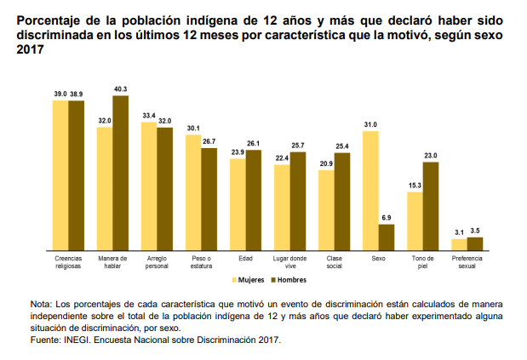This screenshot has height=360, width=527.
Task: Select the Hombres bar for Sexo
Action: coord(387,237)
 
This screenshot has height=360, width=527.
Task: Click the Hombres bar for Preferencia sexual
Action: coord(475,243)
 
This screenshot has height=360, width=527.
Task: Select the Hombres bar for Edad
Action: coord(254,199)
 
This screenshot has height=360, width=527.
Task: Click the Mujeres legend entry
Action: coord(248,279)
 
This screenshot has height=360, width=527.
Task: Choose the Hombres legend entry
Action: coord(288,279)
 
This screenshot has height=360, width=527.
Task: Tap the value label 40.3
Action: coord(121,89)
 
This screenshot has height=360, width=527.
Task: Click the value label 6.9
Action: coord(387,218)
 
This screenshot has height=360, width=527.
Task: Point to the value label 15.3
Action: coord(415,186)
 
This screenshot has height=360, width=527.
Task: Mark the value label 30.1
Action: coord(193,129)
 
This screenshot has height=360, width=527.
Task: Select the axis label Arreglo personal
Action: coord(157,261)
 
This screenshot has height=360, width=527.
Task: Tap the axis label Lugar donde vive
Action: coord(289,261)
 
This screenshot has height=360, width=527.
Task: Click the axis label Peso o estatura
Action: coord(201,261)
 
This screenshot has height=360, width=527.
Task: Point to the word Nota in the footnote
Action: coord(41,304)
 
